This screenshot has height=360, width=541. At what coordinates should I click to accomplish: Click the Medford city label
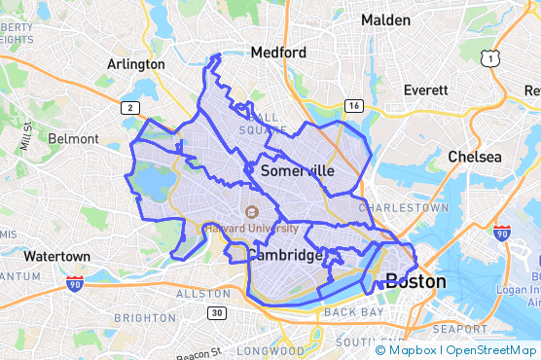point(278,53)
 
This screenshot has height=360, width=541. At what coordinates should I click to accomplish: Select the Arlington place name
point(135,64)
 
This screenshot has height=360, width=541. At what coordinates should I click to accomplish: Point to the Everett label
point(425,90)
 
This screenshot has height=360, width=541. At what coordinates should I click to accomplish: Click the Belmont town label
point(73,139)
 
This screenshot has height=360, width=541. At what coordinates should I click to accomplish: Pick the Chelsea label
point(475,157)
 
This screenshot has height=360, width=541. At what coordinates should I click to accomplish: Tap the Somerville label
point(298,170)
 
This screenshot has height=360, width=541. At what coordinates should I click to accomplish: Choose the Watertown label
point(57,257)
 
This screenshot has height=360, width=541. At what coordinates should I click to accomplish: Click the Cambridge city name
point(284,255)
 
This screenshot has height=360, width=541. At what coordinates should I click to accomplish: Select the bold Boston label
point(415,282)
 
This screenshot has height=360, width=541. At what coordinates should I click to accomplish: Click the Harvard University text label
point(251,229)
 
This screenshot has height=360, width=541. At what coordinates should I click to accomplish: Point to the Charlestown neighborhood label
point(404,208)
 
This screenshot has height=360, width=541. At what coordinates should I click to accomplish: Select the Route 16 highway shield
point(353,105)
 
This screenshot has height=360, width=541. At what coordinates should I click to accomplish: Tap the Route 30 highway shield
point(216,312)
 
